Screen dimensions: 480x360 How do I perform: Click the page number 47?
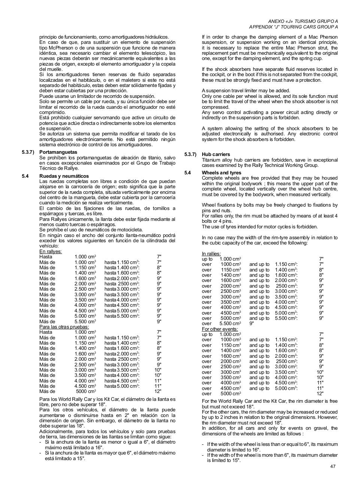(x=333, y=466)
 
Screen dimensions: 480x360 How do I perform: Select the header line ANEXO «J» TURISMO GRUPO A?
(x=303, y=21)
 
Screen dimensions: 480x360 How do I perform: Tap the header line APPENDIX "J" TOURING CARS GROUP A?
(x=293, y=27)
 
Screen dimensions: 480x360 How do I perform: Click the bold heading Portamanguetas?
(x=58, y=152)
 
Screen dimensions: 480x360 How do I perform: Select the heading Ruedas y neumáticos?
(x=64, y=176)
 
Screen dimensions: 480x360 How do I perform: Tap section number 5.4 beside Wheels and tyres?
(x=188, y=173)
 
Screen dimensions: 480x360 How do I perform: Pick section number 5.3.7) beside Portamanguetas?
(x=28, y=152)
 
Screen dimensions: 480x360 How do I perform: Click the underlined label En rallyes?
(x=51, y=252)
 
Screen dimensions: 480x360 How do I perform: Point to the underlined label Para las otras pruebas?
(x=64, y=327)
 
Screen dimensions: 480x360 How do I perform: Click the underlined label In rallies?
(x=211, y=254)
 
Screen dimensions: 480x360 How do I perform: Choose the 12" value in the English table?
(x=320, y=394)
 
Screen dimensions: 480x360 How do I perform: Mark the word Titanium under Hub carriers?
(x=212, y=160)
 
